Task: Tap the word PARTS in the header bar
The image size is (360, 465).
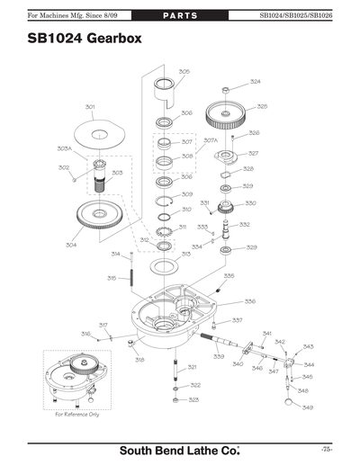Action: tap(180, 15)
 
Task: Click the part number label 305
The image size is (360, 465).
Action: tap(184, 71)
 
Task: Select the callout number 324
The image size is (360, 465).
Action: tap(256, 82)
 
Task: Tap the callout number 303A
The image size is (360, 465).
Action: tap(65, 148)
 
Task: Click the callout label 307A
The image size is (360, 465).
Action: tap(211, 140)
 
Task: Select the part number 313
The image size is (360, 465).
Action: tap(185, 255)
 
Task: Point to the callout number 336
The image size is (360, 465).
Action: tap(249, 301)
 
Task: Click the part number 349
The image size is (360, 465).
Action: tap(308, 407)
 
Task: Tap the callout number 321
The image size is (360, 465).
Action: tap(192, 367)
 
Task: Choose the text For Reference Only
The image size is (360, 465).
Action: tap(77, 415)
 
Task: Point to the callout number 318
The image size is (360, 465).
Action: tap(140, 360)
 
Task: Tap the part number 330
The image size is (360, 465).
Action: tap(250, 203)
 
